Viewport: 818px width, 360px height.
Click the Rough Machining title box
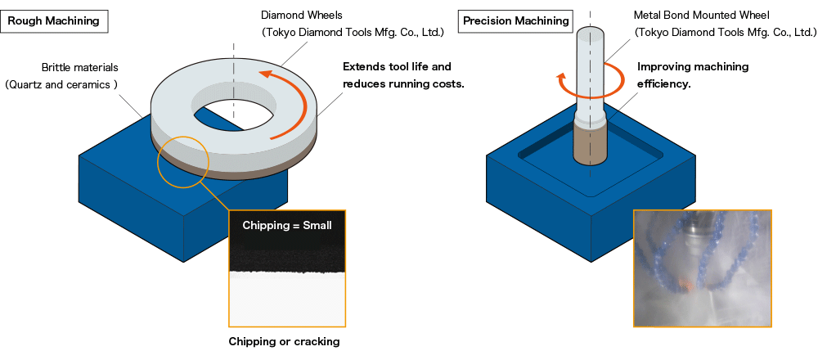coord(53,21)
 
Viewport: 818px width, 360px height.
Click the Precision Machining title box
coord(515,21)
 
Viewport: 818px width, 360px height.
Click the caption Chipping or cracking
coord(284,341)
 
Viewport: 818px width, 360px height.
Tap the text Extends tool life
coord(397,66)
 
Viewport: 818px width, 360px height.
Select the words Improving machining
coord(693,66)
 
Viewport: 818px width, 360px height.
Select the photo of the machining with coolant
coord(703,268)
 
